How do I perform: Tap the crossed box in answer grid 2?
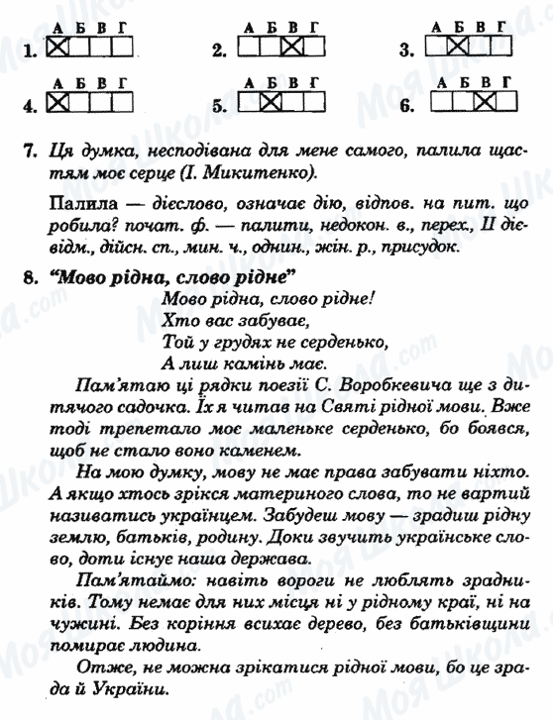pyautogui.click(x=290, y=46)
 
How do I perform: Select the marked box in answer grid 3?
pyautogui.click(x=456, y=46)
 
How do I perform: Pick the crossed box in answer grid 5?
pyautogui.click(x=270, y=102)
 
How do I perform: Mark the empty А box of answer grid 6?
pyautogui.click(x=436, y=102)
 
